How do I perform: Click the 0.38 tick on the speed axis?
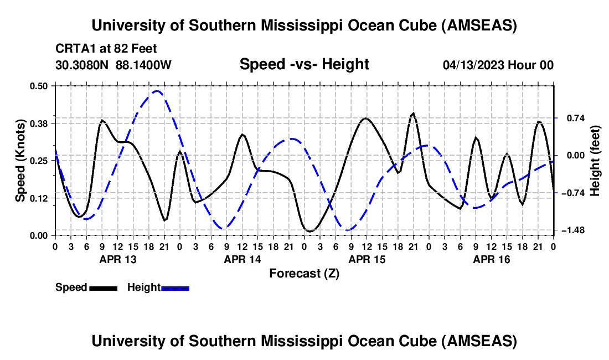click(x=41, y=123)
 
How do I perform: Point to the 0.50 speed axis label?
click(x=41, y=85)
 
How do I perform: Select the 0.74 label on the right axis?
click(x=572, y=118)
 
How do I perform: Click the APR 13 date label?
click(x=118, y=259)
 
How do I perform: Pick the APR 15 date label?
click(x=367, y=259)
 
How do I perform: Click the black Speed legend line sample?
click(x=103, y=287)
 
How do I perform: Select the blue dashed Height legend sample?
click(x=176, y=287)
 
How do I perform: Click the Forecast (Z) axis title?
click(x=304, y=273)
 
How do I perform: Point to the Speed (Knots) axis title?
click(x=20, y=160)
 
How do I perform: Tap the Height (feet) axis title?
click(x=596, y=160)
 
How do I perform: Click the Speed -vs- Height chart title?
click(x=304, y=65)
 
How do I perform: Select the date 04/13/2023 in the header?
click(x=473, y=65)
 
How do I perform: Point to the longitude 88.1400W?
click(x=143, y=65)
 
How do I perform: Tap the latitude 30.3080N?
click(x=82, y=65)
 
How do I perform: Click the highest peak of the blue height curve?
click(x=157, y=91)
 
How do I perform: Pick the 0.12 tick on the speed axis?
click(x=41, y=198)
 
